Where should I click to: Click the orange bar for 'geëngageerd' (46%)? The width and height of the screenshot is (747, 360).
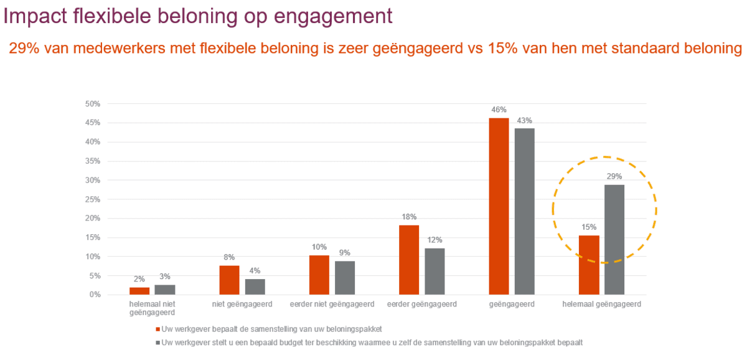coord(499,206)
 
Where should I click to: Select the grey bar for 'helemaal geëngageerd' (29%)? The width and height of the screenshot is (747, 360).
coord(614,239)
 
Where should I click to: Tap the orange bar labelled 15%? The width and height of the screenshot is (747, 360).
coord(588,265)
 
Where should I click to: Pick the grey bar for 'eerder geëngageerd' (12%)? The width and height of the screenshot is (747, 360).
coord(435,271)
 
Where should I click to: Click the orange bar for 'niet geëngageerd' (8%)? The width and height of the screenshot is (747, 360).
coord(229,280)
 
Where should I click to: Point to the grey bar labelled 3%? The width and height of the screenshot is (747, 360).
coord(165,290)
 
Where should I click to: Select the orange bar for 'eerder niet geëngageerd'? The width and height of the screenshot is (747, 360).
coord(319,275)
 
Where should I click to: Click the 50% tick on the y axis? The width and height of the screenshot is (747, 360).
coord(93,104)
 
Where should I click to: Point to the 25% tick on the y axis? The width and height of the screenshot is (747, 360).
coord(93,199)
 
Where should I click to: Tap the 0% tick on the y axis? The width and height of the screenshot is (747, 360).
coord(95,295)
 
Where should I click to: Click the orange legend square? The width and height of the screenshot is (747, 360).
coord(157,328)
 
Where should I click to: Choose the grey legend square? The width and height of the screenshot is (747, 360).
coord(157,343)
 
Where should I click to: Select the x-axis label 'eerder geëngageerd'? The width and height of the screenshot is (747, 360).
coord(421,305)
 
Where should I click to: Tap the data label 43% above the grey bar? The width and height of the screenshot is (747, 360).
coord(524,120)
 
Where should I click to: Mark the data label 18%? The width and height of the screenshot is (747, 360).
coord(409,217)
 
